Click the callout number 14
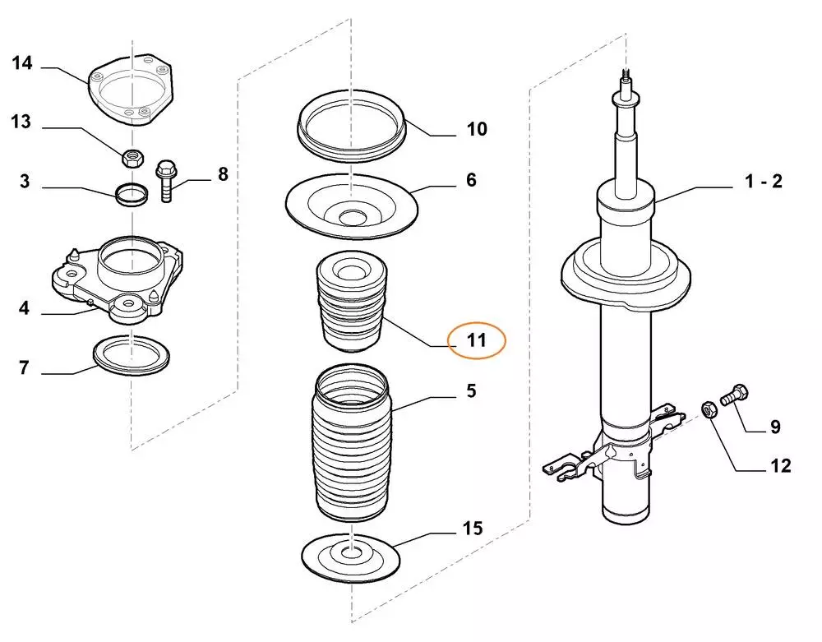pos(21,63)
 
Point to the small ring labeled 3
pos(131,195)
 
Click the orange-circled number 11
pos(477,339)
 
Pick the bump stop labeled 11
pos(352,304)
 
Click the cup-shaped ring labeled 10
pos(351,127)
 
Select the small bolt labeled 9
pos(735,395)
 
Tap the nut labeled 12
pos(707,409)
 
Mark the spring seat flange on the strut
pos(625,279)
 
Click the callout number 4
pos(24,309)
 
